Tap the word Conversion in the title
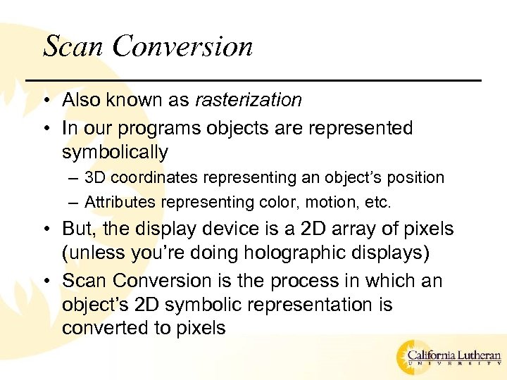tap(182, 46)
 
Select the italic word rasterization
tap(248, 101)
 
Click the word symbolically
tap(115, 153)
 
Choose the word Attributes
tap(120, 203)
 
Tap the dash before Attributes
tap(75, 203)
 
